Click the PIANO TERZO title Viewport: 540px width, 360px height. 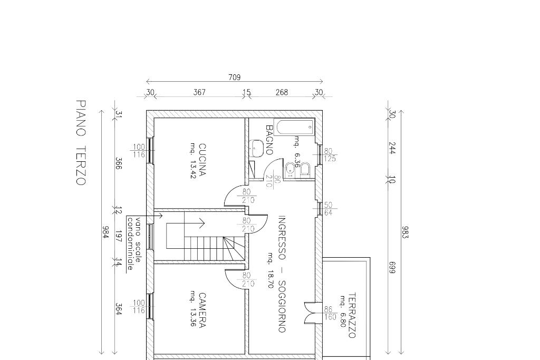point(81,143)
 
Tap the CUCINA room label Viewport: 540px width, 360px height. point(202,160)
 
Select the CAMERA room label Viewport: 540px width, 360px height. point(202,310)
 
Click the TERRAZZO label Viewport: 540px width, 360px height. point(352,315)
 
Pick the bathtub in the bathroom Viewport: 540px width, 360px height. point(294,127)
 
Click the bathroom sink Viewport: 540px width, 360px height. point(257,148)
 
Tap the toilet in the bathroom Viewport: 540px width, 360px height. point(305,170)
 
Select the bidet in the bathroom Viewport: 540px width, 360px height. point(291,170)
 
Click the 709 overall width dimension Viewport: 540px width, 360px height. point(235,77)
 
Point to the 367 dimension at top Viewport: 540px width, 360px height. point(199,92)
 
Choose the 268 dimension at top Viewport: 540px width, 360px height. point(282,92)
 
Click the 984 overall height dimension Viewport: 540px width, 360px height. point(105,232)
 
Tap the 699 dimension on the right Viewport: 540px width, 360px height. point(392,268)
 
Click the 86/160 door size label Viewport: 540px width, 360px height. point(330,313)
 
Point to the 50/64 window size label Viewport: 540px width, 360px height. point(328,209)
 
